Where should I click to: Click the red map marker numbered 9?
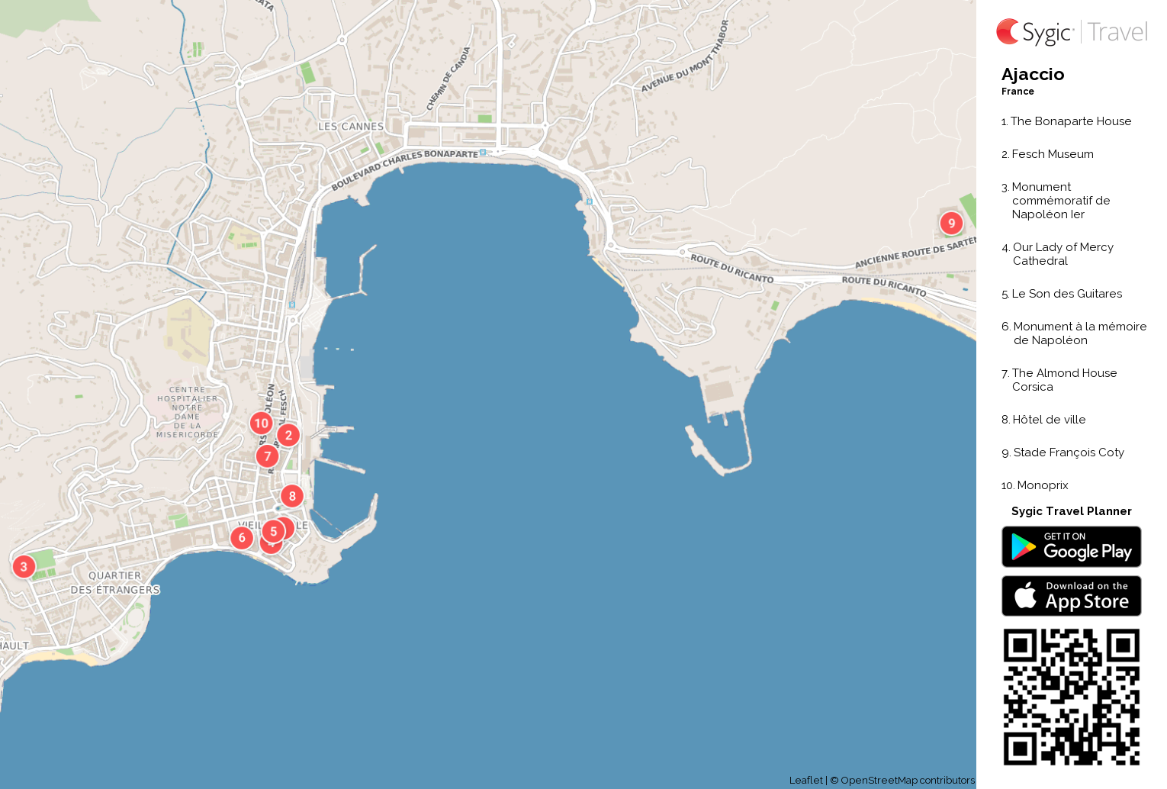click(951, 223)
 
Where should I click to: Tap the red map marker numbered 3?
click(24, 566)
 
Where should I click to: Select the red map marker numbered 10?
click(262, 423)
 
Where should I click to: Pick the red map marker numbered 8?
click(292, 496)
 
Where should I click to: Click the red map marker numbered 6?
click(242, 537)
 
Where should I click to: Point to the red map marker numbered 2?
click(288, 435)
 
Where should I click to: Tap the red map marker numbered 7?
click(267, 456)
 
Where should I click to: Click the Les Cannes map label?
click(351, 127)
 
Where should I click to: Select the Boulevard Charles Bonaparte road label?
click(404, 168)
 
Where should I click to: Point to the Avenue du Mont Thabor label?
click(685, 58)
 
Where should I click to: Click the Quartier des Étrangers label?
click(115, 583)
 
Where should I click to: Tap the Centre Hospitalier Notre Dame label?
click(188, 412)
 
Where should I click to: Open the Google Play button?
click(1071, 546)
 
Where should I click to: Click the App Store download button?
click(1071, 595)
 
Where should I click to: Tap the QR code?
click(1071, 696)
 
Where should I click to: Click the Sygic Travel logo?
click(1071, 32)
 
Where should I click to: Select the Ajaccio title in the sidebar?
click(1033, 75)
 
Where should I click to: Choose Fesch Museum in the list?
click(1052, 154)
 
